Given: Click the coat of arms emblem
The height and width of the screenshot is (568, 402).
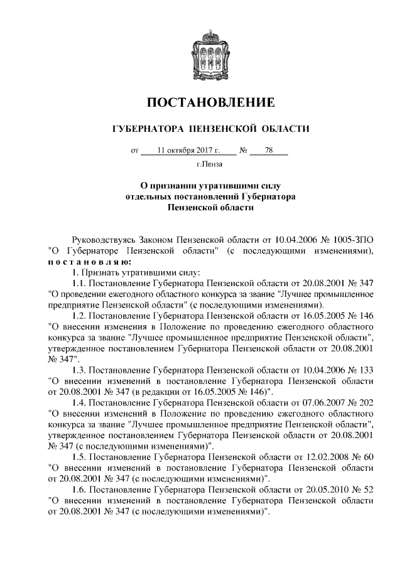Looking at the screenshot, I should click(x=210, y=48).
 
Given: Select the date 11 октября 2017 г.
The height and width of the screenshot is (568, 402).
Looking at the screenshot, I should click(x=188, y=151).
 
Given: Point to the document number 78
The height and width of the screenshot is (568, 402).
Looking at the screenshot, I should click(x=269, y=151).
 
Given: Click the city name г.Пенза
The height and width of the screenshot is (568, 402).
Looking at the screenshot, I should click(x=210, y=166).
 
